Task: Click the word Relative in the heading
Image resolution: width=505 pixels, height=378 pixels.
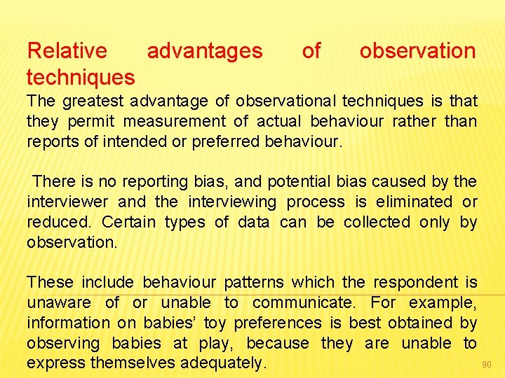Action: [67, 51]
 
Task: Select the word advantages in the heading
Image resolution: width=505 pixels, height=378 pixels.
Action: [205, 51]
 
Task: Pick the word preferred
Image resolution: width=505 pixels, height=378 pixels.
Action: [229, 142]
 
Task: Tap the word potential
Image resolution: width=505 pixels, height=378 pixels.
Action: [294, 182]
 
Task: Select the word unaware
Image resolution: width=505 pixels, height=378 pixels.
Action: [59, 303]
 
